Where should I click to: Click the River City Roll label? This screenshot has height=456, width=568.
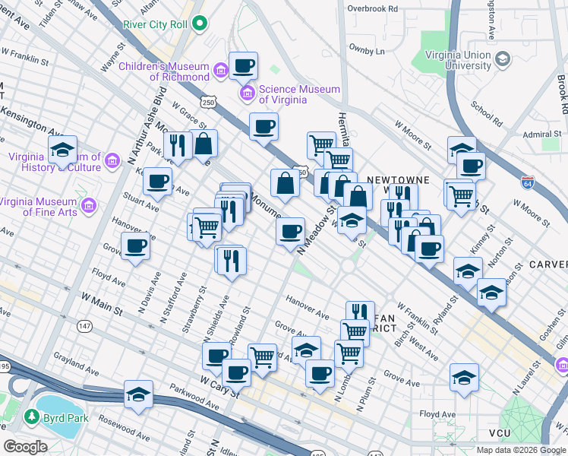156,24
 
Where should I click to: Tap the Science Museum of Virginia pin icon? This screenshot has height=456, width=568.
246,93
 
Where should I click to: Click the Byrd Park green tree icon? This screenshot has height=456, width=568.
32,417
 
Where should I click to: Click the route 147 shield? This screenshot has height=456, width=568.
84,325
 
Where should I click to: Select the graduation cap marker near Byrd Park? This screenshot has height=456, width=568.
139,394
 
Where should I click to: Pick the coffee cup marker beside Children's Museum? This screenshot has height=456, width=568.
243,66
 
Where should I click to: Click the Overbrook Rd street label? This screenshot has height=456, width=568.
372,8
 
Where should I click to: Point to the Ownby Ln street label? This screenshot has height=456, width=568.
368,52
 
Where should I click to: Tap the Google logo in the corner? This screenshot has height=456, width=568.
26,447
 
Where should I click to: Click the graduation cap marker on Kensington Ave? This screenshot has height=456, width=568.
63,149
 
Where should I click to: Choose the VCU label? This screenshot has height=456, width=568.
500,433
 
